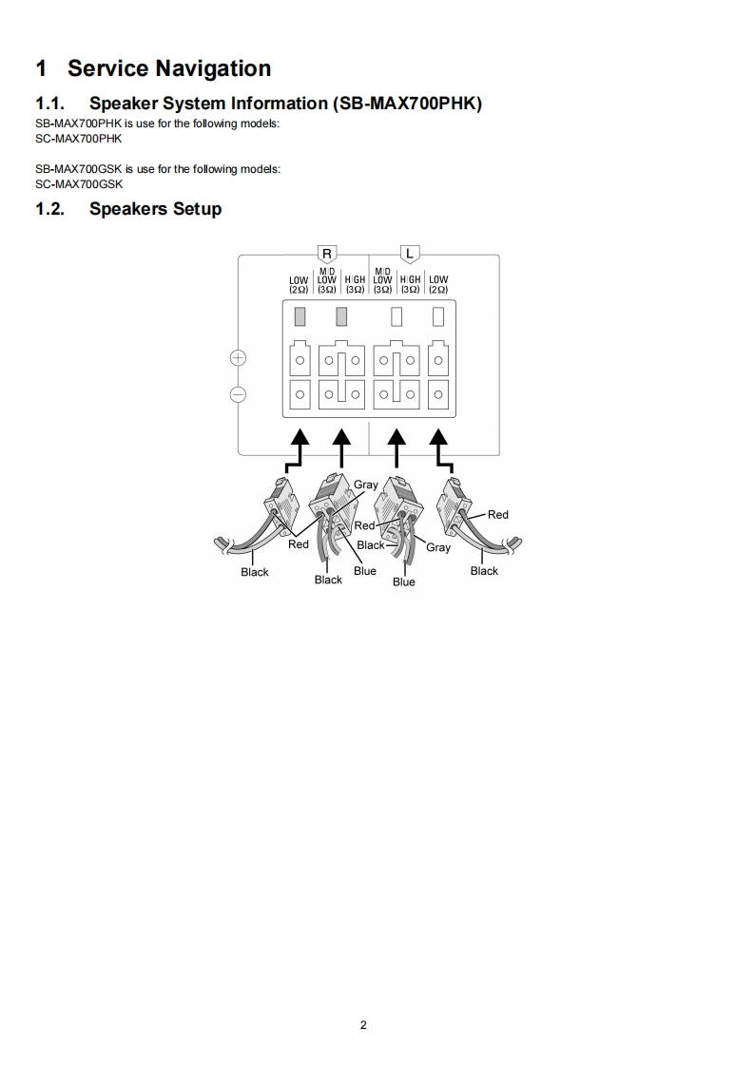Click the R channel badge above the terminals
327,254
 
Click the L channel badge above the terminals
410,254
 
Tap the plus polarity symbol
238,358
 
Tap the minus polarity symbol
238,393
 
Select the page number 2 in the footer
363,1024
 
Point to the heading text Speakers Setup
155,209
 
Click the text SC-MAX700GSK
79,184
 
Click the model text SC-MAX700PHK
79,139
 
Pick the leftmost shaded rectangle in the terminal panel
300,314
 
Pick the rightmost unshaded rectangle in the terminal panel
438,314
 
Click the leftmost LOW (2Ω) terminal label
300,284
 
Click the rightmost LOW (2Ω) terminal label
438,284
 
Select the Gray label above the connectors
366,485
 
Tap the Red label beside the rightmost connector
498,515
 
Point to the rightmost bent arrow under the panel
442,451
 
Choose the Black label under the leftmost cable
255,572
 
